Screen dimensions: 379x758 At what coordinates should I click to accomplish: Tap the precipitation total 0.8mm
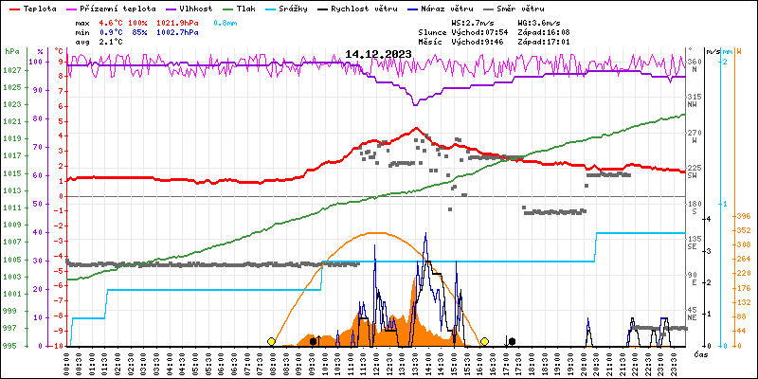pyautogui.click(x=225, y=21)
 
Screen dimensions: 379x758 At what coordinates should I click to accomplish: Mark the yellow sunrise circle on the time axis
pyautogui.click(x=272, y=341)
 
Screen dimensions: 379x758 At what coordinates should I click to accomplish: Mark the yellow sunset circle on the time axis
pyautogui.click(x=484, y=341)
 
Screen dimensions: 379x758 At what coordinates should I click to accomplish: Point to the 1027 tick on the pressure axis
pyautogui.click(x=12, y=71)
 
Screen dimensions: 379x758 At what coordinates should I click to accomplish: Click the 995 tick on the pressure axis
pyautogui.click(x=9, y=346)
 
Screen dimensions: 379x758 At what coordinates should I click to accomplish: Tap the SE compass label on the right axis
pyautogui.click(x=694, y=248)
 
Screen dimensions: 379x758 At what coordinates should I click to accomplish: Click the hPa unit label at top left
pyautogui.click(x=11, y=52)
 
